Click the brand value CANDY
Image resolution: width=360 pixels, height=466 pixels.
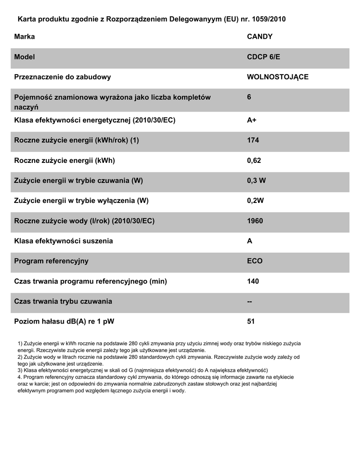point(259,36)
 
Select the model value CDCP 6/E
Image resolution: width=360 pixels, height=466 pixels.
point(264,57)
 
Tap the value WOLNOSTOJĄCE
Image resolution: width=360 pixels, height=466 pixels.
point(277,77)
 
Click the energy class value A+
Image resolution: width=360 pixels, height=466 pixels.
point(252,120)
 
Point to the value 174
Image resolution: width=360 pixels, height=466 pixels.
point(253,140)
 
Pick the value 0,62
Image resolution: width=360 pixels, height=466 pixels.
point(254,160)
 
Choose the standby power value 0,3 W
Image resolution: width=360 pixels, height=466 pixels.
point(256,181)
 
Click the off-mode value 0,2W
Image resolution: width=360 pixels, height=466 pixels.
point(255,201)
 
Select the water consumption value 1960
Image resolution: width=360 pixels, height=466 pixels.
point(255,221)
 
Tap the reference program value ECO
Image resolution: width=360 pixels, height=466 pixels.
point(254,261)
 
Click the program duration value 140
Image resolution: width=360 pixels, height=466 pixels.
point(253,281)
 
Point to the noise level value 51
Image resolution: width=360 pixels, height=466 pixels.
point(251,322)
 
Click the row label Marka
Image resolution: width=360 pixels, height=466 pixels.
point(25,36)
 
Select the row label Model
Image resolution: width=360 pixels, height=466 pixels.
point(25,57)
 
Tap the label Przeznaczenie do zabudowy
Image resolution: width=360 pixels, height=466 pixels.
point(63,77)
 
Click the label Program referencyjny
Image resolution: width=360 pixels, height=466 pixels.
point(51,261)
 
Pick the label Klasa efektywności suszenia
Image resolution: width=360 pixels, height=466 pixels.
point(64,241)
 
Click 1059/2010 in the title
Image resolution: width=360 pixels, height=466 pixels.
point(268,20)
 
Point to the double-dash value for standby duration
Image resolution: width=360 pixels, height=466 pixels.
point(249,301)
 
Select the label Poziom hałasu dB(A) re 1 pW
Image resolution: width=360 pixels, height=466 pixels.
point(64,322)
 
